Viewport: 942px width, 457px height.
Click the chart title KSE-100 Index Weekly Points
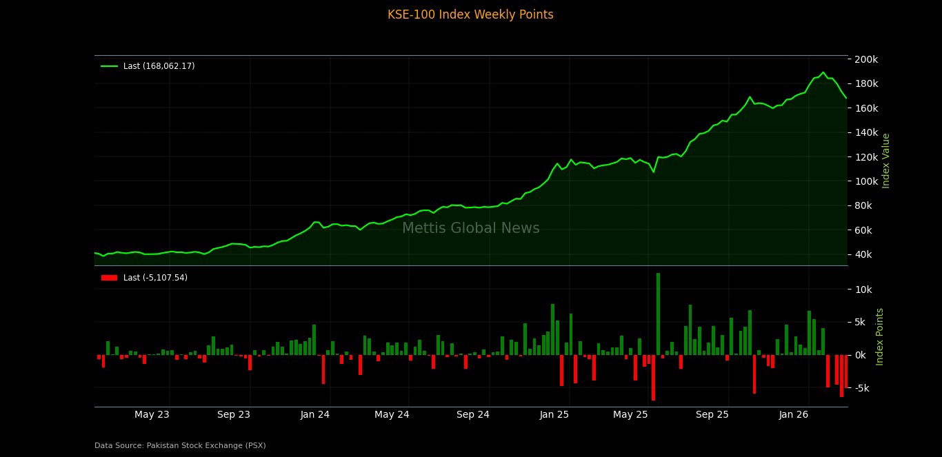[470, 14]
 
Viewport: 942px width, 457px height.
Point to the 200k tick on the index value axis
[866, 59]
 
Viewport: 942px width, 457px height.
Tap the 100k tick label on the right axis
[866, 181]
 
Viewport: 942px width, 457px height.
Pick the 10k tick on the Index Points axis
[864, 290]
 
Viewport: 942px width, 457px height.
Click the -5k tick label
[864, 388]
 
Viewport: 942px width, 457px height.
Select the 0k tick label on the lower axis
[864, 355]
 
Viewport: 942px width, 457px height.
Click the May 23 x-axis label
[152, 415]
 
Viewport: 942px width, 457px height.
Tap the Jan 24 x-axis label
[315, 415]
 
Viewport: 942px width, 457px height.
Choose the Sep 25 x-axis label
[712, 415]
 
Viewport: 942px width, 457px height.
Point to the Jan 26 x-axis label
[793, 415]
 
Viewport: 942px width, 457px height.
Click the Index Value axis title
[886, 160]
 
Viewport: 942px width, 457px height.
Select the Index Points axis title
[880, 336]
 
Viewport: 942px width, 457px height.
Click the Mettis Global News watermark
[470, 229]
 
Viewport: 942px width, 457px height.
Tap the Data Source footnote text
[180, 446]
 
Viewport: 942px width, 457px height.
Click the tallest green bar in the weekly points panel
[658, 314]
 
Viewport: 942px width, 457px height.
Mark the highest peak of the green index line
[823, 72]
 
